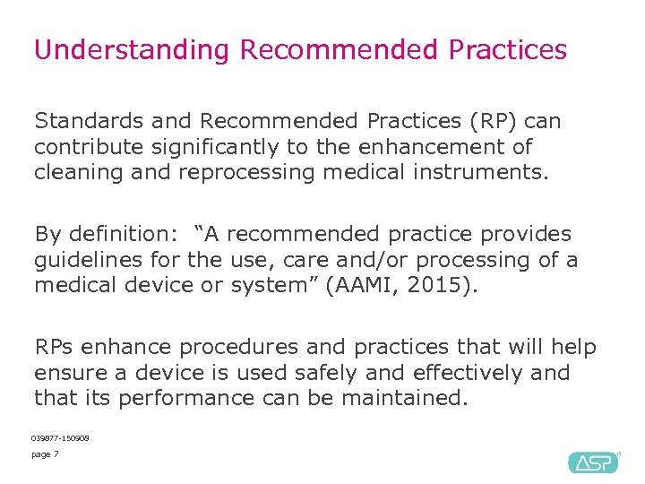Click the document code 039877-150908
(x=60, y=438)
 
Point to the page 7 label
(x=45, y=455)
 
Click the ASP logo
(x=593, y=462)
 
